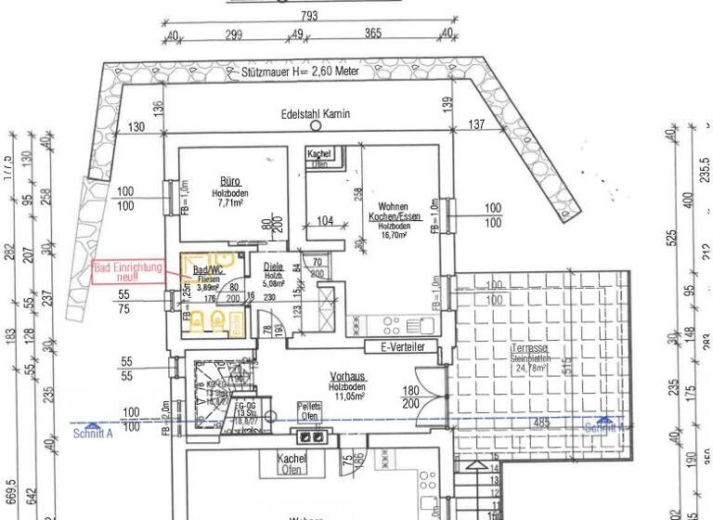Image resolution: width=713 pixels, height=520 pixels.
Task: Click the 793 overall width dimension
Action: click(309, 16)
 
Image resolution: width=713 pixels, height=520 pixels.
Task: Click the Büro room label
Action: click(230, 181)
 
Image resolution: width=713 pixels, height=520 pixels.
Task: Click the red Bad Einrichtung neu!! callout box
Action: click(127, 271)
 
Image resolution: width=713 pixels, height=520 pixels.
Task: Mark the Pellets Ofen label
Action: click(310, 411)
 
